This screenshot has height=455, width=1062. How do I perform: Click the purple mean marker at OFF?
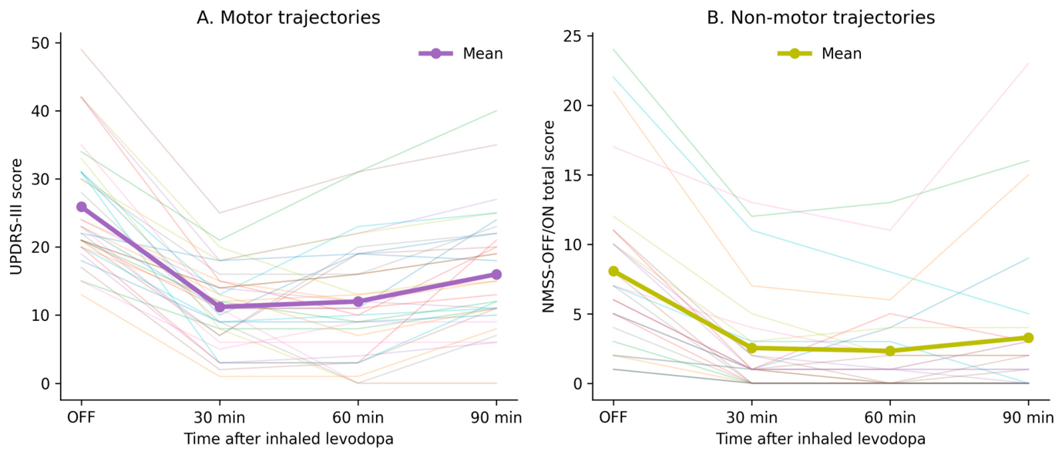(82, 207)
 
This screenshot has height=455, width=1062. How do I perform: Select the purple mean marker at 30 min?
(220, 307)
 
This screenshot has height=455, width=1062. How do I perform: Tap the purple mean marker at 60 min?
(358, 302)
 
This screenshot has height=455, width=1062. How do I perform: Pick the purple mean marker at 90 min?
(496, 275)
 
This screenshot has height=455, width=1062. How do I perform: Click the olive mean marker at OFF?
(613, 271)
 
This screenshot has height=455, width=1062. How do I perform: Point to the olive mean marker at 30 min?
(752, 349)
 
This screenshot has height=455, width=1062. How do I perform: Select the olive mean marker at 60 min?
(890, 351)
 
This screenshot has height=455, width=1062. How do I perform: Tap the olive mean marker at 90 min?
(1028, 338)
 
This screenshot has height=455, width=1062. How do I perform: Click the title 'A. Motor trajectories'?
(288, 18)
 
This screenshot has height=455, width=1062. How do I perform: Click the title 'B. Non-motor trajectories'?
(821, 18)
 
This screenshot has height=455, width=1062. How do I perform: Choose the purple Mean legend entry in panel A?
(460, 54)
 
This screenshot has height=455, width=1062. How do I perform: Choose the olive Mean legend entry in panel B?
(819, 54)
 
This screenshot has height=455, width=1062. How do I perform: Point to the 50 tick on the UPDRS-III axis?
(58, 42)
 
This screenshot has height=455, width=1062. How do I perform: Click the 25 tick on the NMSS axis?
(590, 36)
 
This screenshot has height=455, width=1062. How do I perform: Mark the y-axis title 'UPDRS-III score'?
(16, 217)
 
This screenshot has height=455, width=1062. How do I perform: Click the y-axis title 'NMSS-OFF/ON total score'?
(549, 217)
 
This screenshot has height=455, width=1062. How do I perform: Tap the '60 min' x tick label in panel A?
(358, 417)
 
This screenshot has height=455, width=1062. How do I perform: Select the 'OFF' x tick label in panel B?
(613, 417)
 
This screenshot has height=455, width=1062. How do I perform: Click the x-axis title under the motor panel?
(289, 439)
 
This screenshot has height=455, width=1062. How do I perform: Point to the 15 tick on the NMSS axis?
(590, 175)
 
